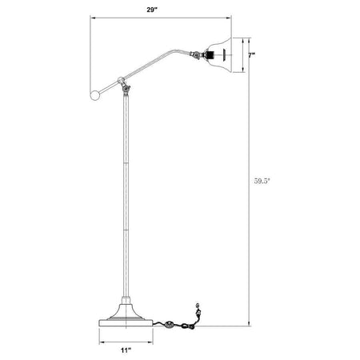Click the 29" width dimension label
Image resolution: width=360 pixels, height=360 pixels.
tap(152, 10)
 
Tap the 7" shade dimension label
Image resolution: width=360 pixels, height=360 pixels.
tap(251, 55)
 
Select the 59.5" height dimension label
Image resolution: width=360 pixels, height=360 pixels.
tap(262, 181)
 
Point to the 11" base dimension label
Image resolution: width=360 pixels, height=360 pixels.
tap(126, 350)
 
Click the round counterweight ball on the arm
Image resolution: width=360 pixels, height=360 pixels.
tap(95, 95)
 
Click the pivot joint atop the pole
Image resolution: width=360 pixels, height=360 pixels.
tap(126, 88)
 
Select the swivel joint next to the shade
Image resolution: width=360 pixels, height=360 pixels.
tap(196, 54)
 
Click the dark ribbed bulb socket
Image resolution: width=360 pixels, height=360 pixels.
tap(211, 55)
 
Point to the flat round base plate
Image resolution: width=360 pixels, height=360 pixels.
tap(126, 323)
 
